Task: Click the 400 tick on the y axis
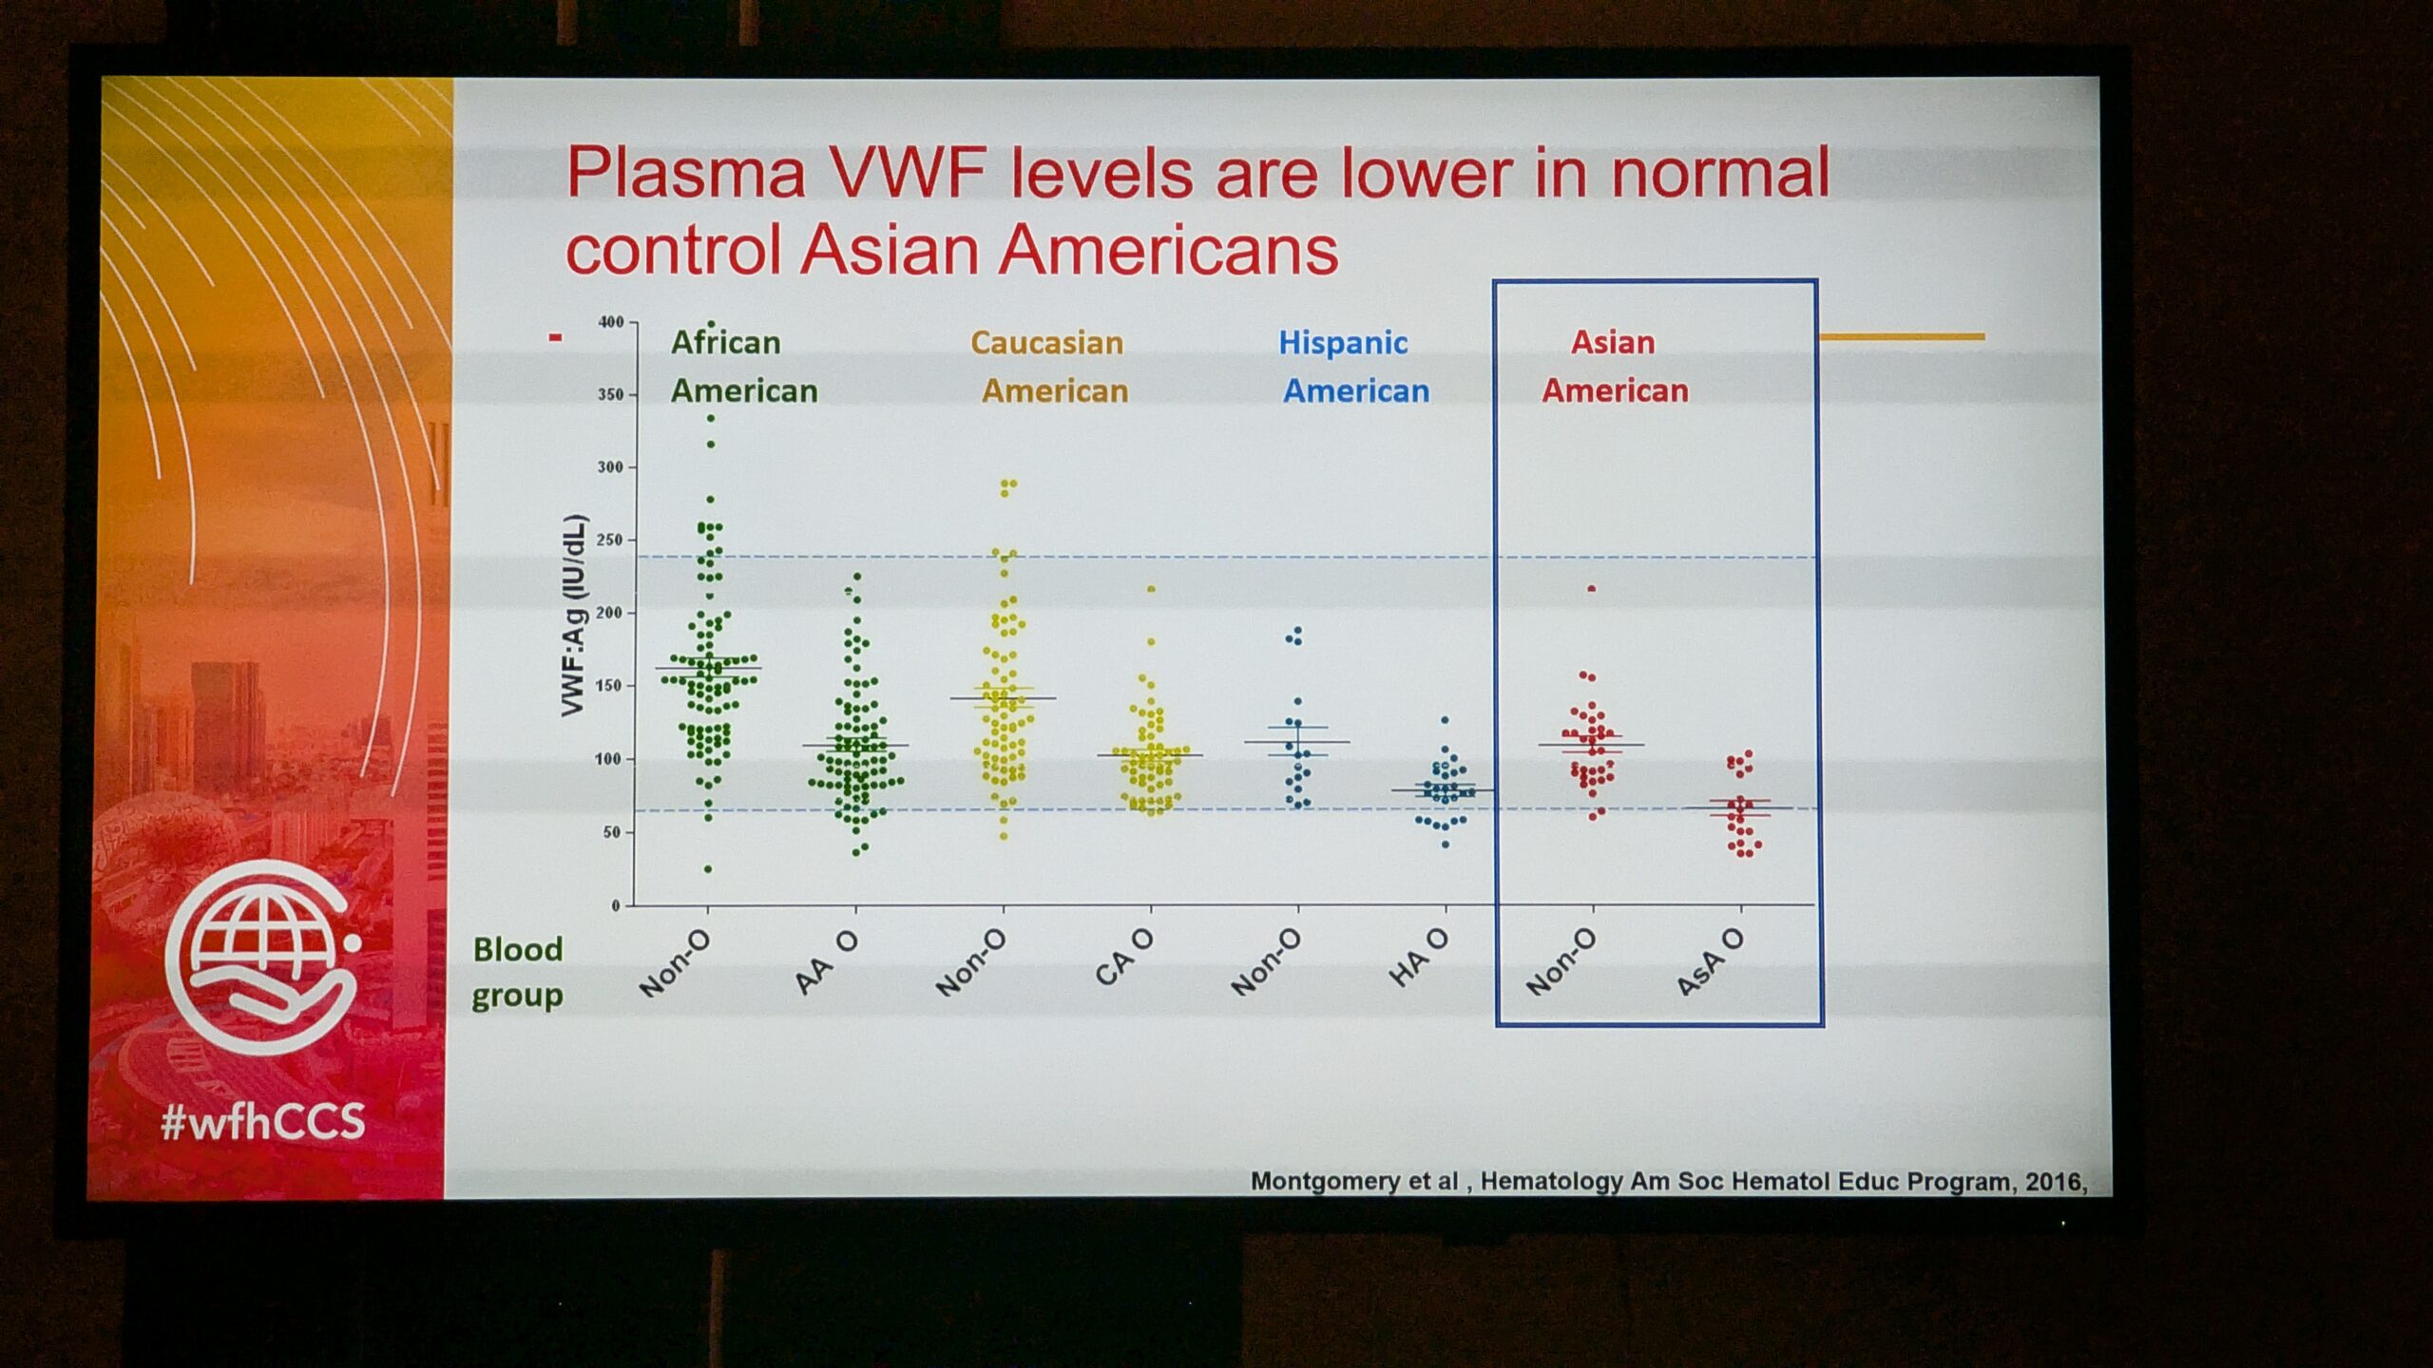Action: coord(611,322)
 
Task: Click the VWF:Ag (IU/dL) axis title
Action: coord(573,616)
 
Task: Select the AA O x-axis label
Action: coord(826,962)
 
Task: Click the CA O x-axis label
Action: coord(1124,958)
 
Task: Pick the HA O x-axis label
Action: coord(1419,958)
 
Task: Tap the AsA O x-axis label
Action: coord(1710,962)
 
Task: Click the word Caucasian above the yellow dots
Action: coord(1046,342)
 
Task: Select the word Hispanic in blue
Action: coord(1343,343)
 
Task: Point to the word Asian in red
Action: coord(1613,342)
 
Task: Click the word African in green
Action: coord(726,342)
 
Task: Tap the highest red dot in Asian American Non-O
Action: coord(1592,589)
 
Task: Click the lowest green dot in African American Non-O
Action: coord(708,869)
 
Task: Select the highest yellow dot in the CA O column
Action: coord(1151,589)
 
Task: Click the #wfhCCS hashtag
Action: coord(263,1122)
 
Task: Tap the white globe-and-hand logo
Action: coord(262,957)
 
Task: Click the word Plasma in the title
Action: coord(686,173)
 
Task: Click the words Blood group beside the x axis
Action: coord(518,972)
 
